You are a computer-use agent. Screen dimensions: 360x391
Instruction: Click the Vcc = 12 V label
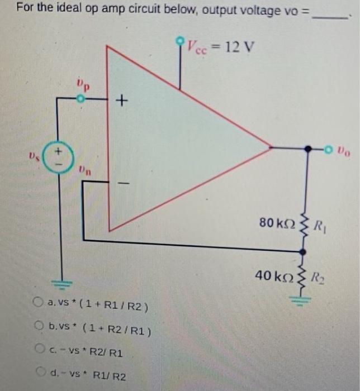click(220, 45)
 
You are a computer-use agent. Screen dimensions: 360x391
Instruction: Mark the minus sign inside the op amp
click(124, 183)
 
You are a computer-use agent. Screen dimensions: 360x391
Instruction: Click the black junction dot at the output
click(307, 149)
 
